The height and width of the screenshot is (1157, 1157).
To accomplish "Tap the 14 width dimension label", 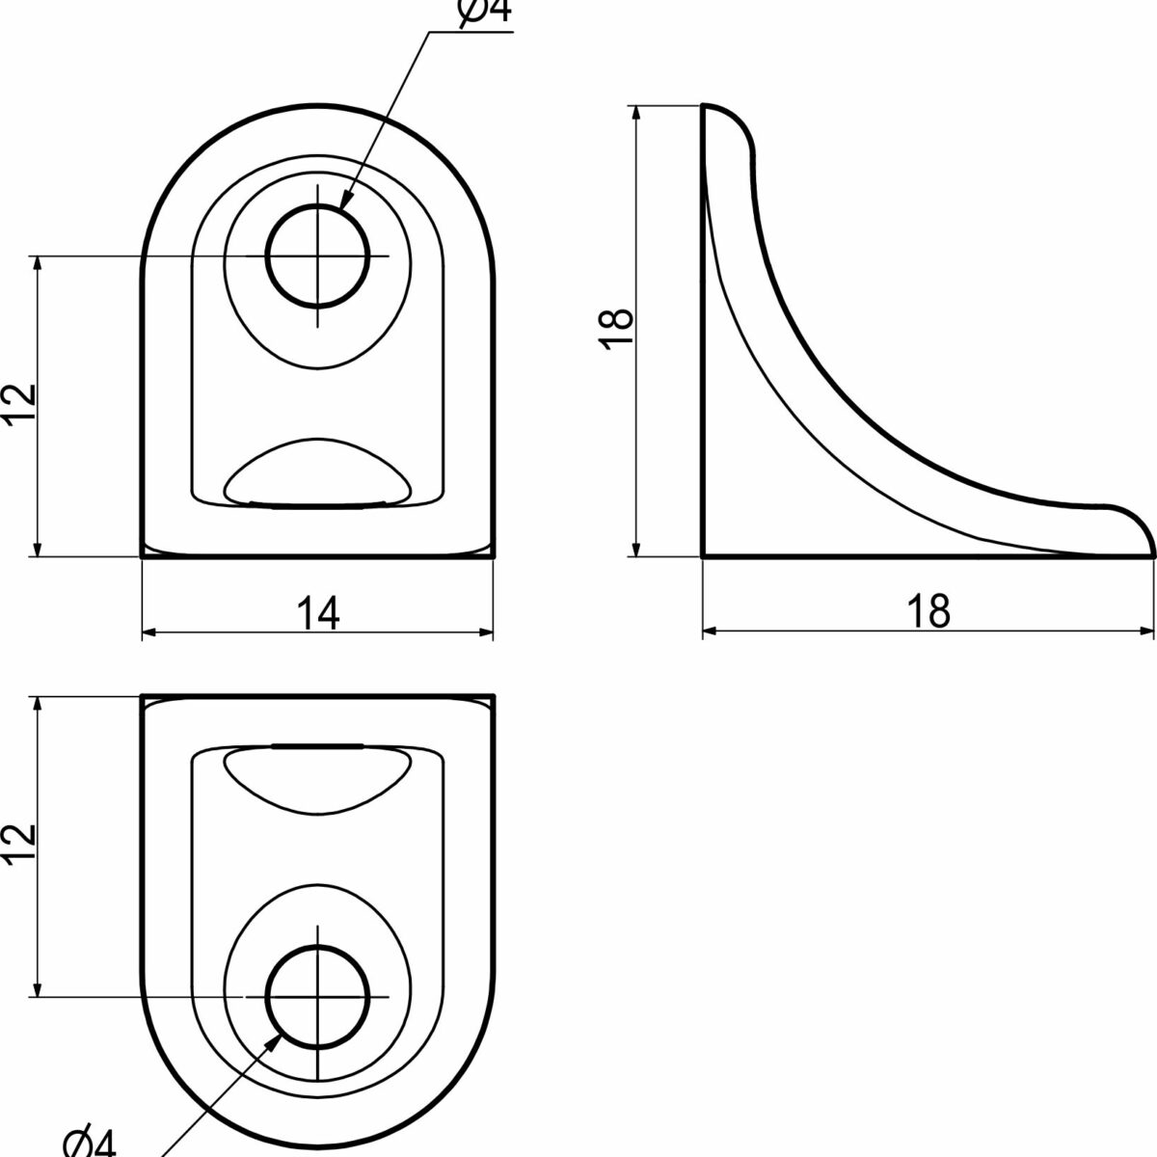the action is [318, 613].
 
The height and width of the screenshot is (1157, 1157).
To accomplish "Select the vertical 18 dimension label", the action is [617, 329].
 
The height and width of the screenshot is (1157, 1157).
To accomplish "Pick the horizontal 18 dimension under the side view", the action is [928, 610].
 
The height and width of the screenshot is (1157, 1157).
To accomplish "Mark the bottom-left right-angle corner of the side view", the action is [703, 556].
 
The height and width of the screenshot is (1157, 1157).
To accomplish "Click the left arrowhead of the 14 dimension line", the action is [149, 632].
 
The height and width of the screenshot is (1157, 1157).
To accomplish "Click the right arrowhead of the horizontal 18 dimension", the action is [1146, 631].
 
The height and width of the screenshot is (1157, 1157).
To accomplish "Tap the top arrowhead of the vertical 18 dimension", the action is [637, 114].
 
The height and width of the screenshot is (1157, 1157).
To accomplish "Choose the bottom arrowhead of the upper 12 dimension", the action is [38, 549].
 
